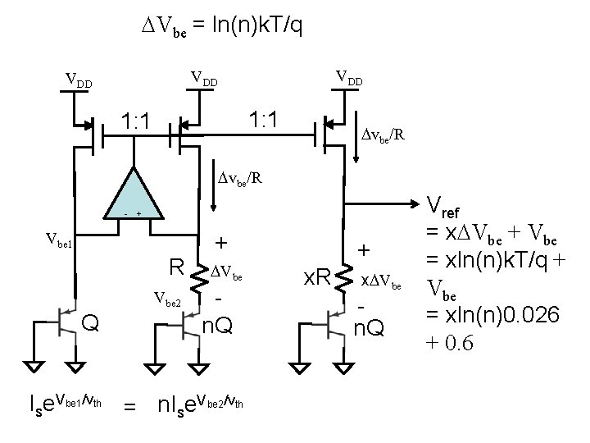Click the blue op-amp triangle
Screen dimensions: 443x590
131,197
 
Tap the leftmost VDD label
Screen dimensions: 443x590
79,82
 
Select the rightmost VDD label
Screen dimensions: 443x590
349,78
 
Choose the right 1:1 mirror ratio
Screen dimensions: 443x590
264,121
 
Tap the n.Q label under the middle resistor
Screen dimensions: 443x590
217,327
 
